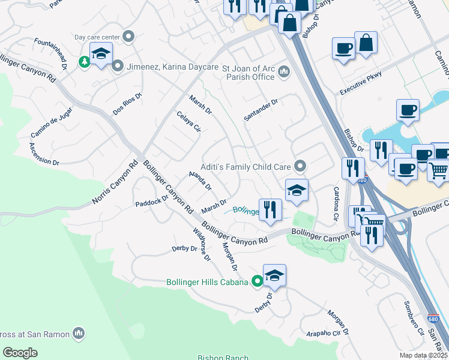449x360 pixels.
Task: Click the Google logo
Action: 20,353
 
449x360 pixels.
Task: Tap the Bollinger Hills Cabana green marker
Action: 258,280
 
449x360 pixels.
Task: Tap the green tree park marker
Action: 85,61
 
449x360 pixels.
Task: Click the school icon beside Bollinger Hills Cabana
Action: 274,275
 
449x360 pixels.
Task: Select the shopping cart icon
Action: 439,170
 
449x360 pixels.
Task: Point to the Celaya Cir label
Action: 188,123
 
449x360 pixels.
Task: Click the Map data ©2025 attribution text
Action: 423,355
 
